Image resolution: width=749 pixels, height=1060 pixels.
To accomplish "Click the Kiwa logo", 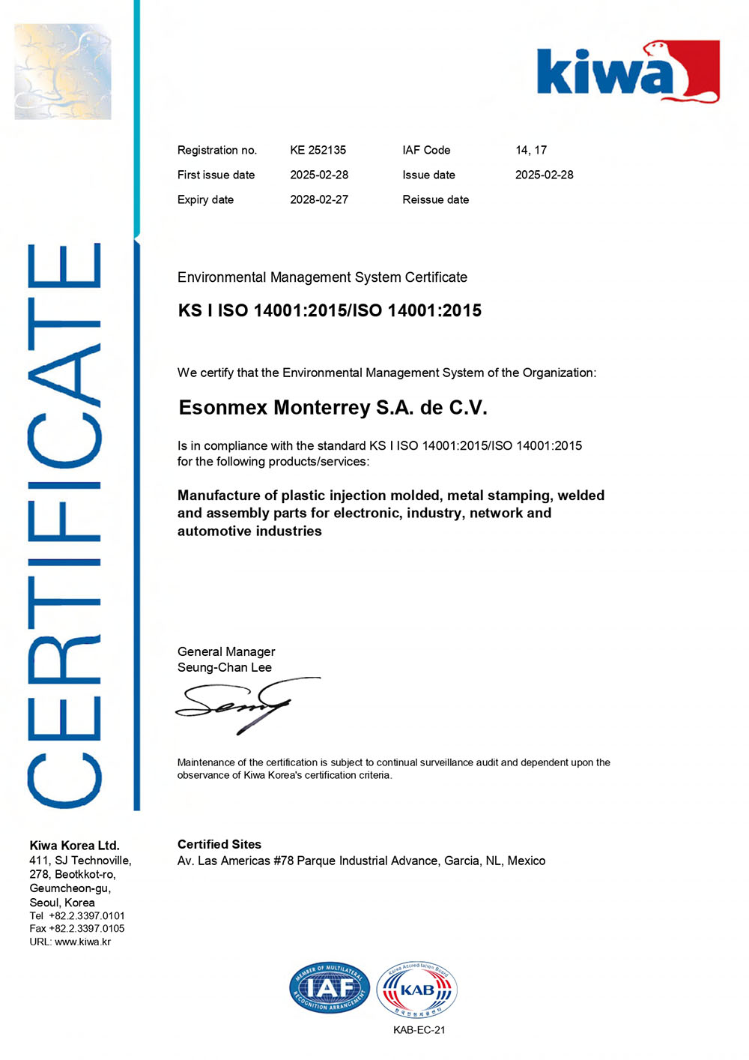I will [628, 73].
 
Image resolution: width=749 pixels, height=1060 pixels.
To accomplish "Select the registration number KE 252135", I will [318, 150].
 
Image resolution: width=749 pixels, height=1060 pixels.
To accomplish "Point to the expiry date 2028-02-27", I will [319, 199].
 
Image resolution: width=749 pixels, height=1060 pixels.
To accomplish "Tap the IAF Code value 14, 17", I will [530, 150].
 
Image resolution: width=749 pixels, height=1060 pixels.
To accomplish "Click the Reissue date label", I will [435, 199].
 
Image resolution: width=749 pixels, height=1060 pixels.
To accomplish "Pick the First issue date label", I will [216, 175].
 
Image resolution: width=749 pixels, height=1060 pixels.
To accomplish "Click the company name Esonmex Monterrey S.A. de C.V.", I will [333, 408].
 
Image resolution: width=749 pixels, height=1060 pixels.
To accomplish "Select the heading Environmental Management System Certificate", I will [322, 277].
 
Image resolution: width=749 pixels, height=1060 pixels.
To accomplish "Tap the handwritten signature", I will [240, 705].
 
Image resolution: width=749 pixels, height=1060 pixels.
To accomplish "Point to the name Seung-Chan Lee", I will [224, 667].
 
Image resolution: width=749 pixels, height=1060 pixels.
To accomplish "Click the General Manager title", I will [225, 651].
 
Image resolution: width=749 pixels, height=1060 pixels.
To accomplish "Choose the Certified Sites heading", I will [219, 844].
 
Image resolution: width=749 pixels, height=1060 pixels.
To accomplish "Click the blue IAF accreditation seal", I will [329, 988].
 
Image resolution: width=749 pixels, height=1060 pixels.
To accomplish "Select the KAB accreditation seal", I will [416, 990].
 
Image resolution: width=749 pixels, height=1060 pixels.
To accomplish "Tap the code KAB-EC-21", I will [419, 1030].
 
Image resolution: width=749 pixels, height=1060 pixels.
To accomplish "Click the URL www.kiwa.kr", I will [82, 942].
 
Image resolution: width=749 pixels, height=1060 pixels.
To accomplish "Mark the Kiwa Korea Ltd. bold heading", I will [74, 845].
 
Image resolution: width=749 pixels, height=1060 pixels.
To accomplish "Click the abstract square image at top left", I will [63, 71].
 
